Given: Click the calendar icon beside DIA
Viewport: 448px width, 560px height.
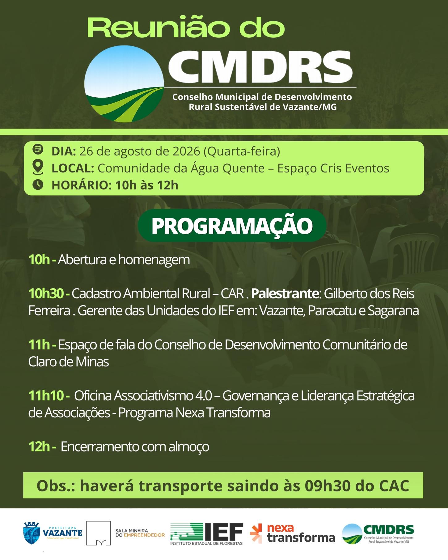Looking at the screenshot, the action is point(38,149).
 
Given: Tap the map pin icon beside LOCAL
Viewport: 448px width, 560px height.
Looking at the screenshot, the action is point(38,167).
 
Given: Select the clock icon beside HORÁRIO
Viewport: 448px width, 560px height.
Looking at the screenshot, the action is point(38,185).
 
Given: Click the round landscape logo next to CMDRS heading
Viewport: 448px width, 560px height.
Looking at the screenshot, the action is point(124,84).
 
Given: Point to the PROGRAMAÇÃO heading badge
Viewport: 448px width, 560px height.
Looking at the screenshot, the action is point(232,226).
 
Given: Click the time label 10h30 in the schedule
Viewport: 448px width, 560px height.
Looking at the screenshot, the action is point(46,293).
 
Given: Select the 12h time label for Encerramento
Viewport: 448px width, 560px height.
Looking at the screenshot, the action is point(39,446).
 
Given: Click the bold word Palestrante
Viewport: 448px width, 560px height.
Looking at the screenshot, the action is point(285,293).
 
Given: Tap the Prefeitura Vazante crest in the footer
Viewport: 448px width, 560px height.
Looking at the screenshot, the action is point(32,533).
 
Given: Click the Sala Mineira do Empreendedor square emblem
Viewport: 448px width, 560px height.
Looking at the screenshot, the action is point(98,533).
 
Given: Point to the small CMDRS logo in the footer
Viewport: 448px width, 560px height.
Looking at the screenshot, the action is point(378,534).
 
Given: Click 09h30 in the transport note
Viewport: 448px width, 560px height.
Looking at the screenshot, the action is point(328,486).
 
